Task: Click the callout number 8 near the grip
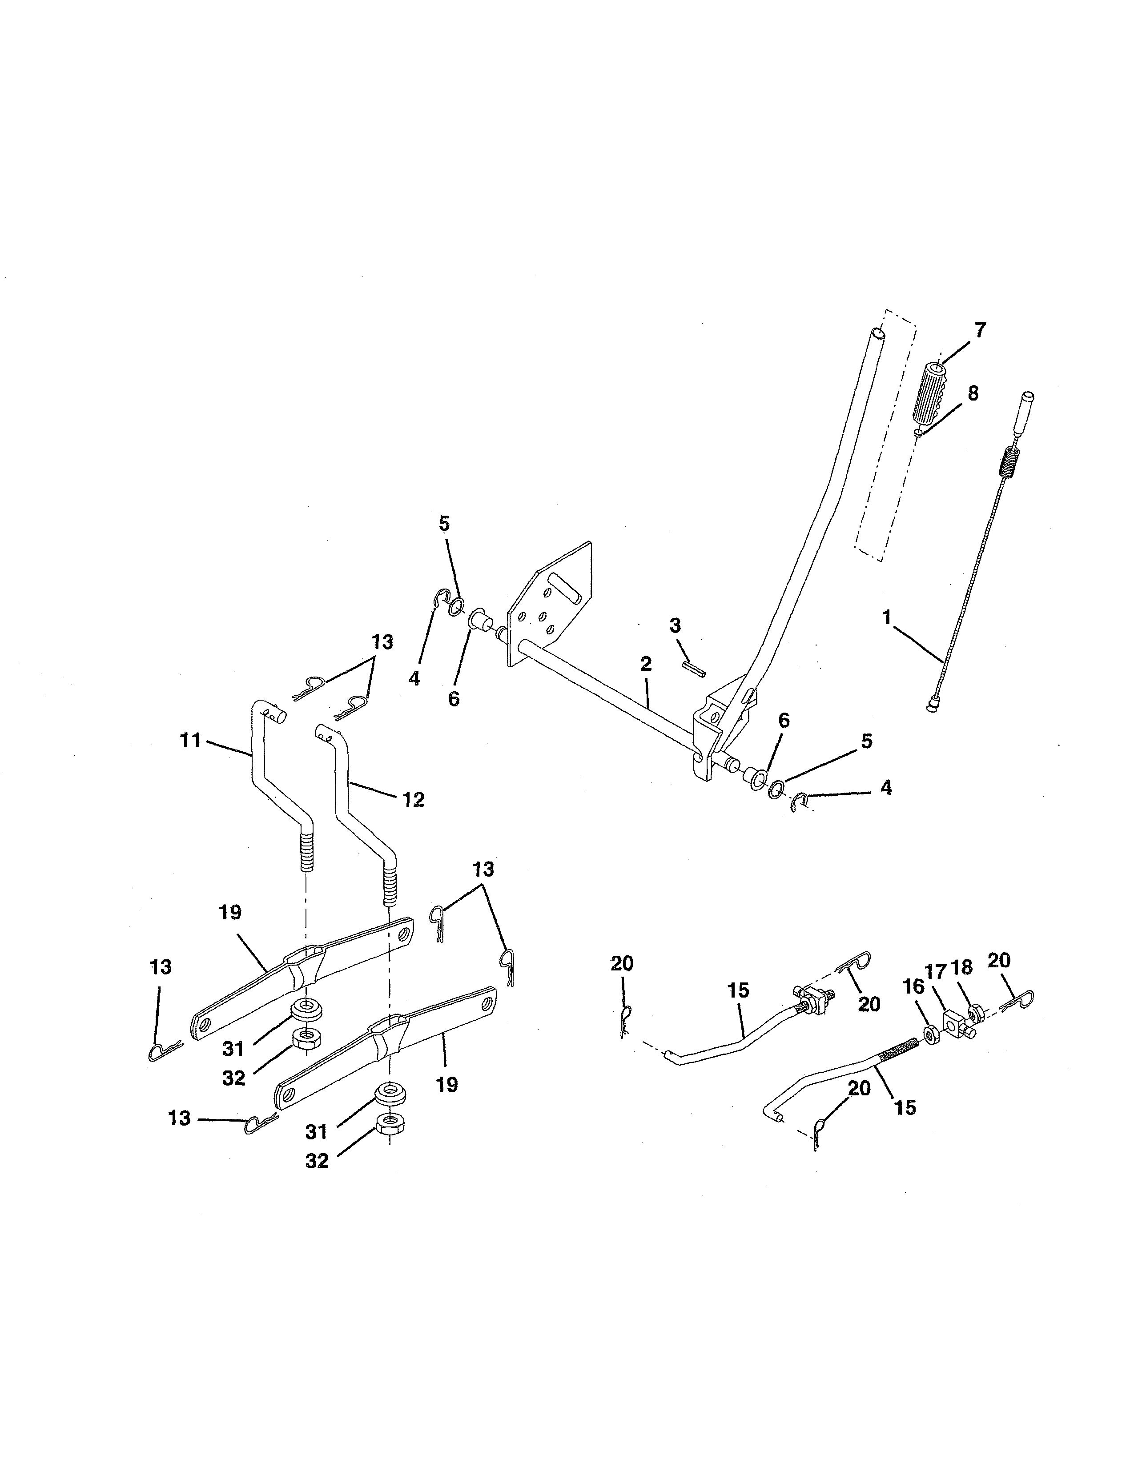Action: [x=972, y=393]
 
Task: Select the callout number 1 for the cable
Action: [x=888, y=617]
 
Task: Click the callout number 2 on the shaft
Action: [x=646, y=664]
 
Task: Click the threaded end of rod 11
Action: [x=305, y=850]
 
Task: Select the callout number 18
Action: [x=962, y=967]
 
